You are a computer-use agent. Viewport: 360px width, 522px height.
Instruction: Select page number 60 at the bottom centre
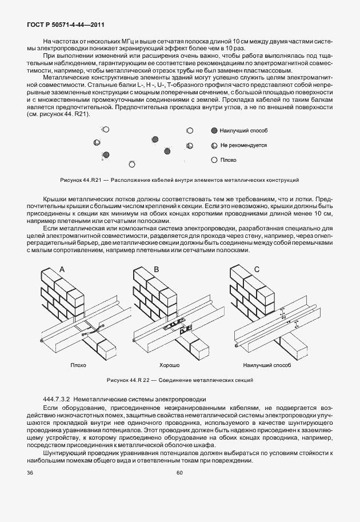coord(179,472)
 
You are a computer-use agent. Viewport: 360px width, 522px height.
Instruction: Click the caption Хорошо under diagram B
coord(169,364)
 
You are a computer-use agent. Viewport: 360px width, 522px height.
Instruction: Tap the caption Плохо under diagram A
coord(78,364)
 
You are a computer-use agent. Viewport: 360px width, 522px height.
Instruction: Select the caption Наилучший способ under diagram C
coord(267,364)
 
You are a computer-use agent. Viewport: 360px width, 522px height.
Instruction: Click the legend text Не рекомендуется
coord(243,145)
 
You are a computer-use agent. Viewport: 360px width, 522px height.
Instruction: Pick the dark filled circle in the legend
coord(214,131)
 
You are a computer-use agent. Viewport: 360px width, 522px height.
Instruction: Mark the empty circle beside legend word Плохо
coord(214,161)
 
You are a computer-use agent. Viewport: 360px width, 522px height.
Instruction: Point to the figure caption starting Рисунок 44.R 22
coord(179,380)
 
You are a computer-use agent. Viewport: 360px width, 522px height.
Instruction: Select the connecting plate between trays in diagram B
coord(177,328)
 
